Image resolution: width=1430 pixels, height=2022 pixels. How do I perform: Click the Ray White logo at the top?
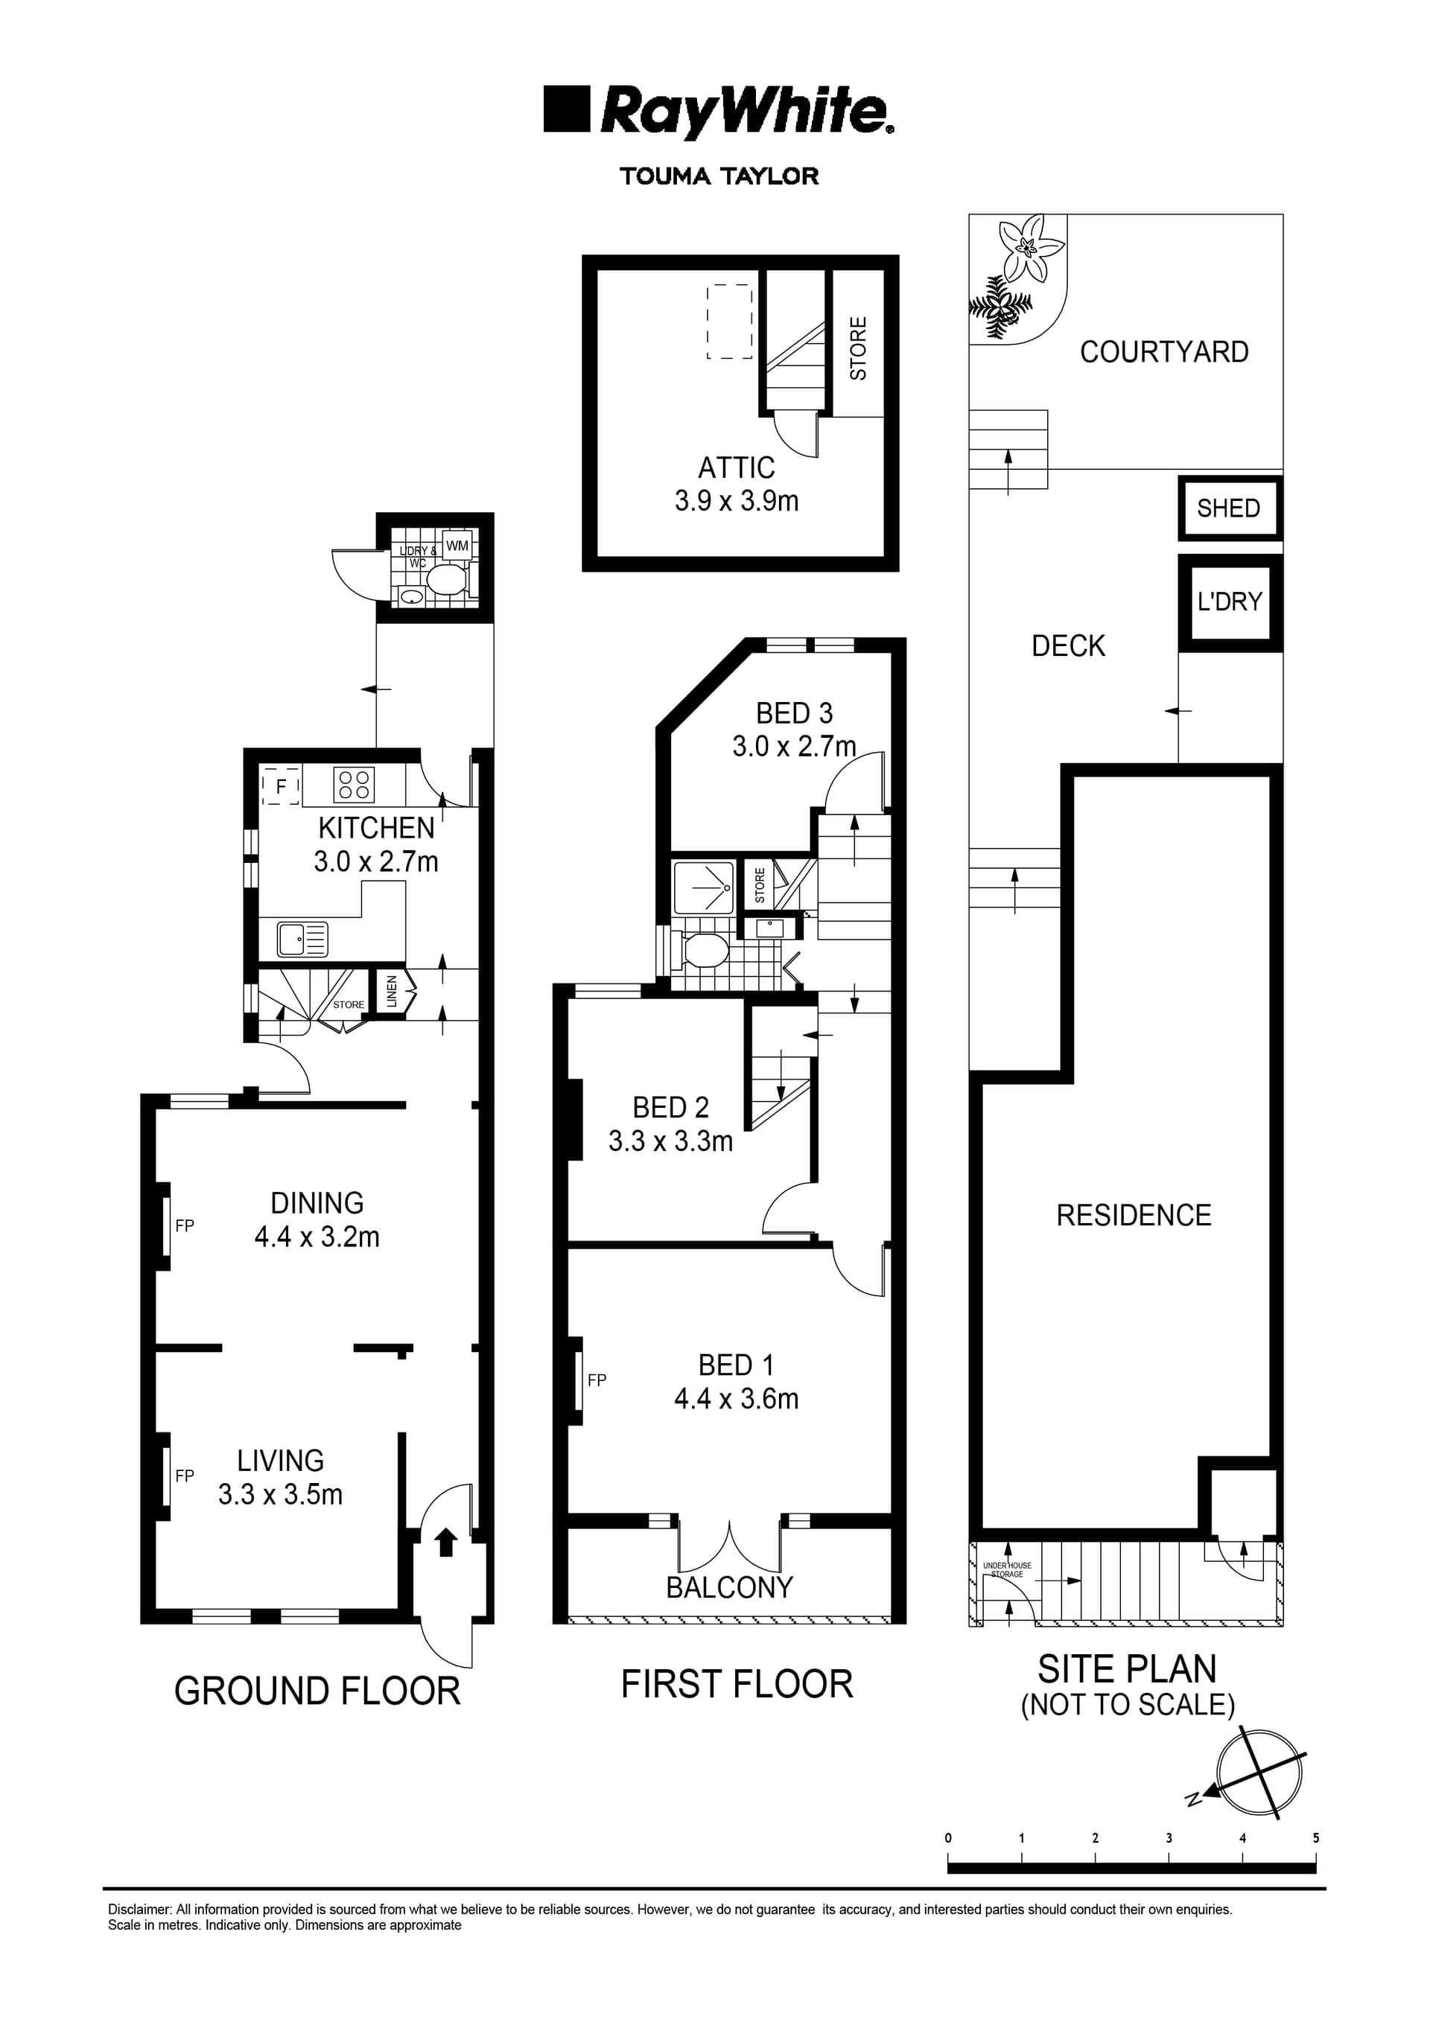tap(718, 112)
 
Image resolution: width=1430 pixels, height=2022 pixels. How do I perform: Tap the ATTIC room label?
tap(737, 468)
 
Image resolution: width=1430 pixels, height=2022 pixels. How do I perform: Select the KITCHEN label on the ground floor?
tap(376, 828)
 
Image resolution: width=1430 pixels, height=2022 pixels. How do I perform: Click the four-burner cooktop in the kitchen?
tap(355, 785)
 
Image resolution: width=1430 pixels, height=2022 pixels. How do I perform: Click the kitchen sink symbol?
tap(302, 939)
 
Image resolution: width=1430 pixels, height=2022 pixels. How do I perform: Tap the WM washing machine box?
tap(457, 546)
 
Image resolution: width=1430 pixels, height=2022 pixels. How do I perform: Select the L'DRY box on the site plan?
tap(1230, 602)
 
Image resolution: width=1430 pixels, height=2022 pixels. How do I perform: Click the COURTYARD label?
tap(1164, 352)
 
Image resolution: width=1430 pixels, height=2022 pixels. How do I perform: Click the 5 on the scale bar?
tap(1316, 1838)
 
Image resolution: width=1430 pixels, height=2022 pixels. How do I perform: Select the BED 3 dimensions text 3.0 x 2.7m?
tap(794, 747)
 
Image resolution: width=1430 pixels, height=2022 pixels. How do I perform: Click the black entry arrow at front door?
tap(446, 1542)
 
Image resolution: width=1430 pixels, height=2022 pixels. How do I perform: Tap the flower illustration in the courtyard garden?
tap(1026, 249)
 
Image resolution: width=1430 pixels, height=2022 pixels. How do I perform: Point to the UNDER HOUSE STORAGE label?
tap(1007, 1569)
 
